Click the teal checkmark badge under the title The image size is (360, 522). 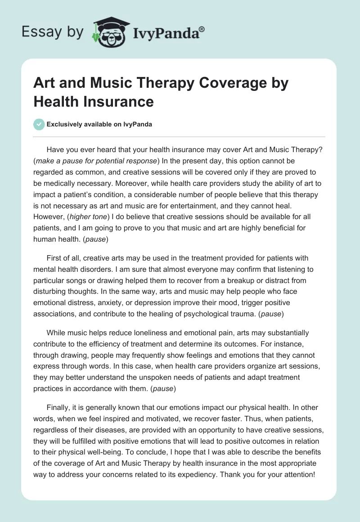click(39, 124)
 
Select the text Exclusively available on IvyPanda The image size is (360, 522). click(99, 124)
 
